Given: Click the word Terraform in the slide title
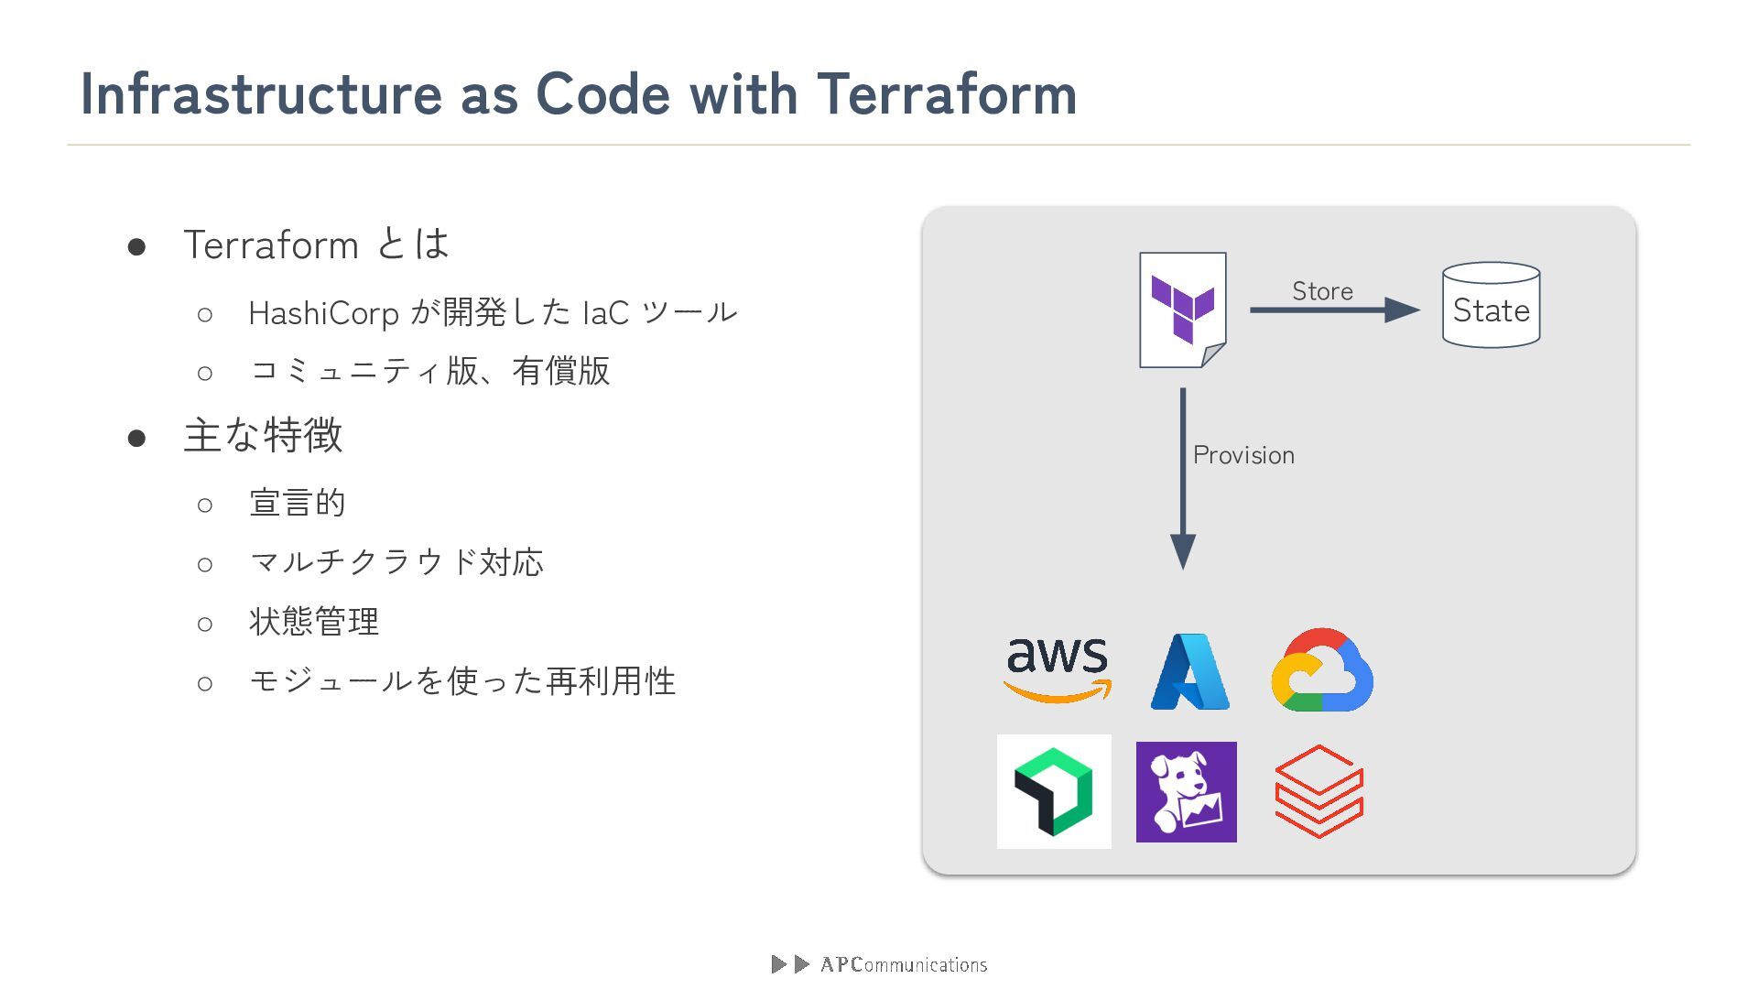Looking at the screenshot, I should [946, 93].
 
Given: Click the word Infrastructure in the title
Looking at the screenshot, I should [261, 93].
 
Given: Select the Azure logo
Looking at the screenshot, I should [1189, 671].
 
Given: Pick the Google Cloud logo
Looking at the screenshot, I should [1322, 670].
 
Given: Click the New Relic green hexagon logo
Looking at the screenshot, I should [1054, 791].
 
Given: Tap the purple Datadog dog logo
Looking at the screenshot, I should [1186, 792].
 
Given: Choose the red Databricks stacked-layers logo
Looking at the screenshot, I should [1318, 791].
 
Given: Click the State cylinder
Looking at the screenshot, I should [1491, 306].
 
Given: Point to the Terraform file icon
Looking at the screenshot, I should [1182, 310].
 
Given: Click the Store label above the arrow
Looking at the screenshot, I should [1322, 291].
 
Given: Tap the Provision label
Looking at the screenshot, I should [1243, 455].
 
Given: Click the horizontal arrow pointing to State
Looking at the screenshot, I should [1333, 310].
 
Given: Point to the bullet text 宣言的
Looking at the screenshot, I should [297, 503].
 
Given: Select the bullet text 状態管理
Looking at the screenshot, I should [313, 622].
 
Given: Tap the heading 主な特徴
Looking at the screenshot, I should [263, 435].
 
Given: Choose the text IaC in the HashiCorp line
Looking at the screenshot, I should [605, 313].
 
